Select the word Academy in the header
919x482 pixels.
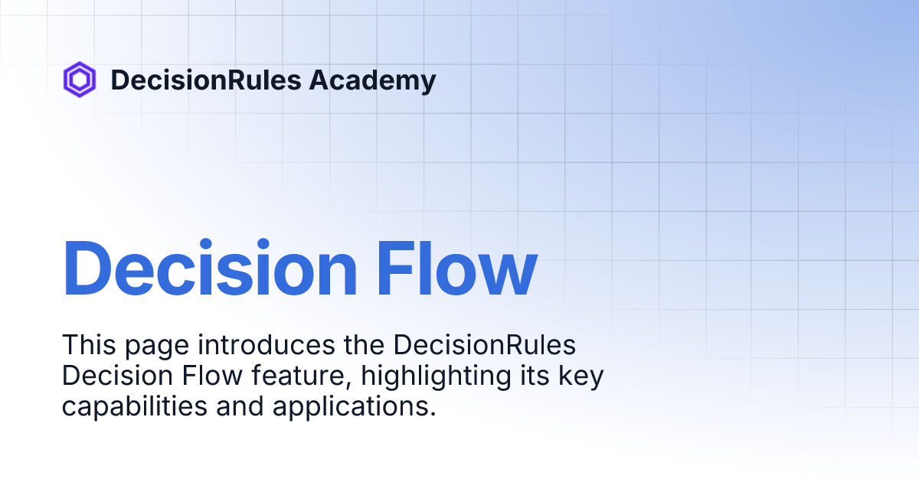tap(372, 81)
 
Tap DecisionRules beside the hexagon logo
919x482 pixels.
tap(206, 80)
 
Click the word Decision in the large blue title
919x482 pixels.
tap(209, 268)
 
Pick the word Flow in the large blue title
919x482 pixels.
tap(456, 268)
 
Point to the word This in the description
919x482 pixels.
tap(89, 345)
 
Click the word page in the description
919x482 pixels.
tap(157, 347)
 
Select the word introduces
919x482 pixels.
tap(267, 345)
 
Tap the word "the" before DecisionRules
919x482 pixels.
tap(364, 345)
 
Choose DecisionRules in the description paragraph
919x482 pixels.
tap(485, 345)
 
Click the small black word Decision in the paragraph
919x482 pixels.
tap(117, 376)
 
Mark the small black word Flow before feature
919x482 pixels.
tap(212, 376)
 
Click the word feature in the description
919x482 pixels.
tap(302, 376)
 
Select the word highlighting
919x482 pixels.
tap(436, 378)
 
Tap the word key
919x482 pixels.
tap(581, 378)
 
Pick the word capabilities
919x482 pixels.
tap(135, 406)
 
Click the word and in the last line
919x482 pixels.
tap(240, 406)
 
